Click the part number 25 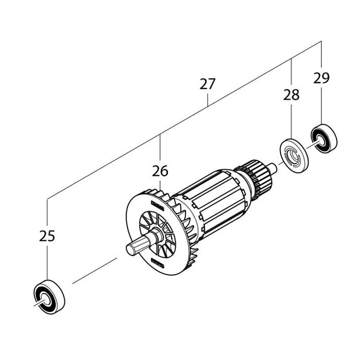(x=47, y=236)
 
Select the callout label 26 (x=160, y=171)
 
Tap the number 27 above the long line (x=207, y=84)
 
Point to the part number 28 (x=291, y=94)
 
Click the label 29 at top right (x=321, y=77)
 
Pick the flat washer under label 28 (x=292, y=154)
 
